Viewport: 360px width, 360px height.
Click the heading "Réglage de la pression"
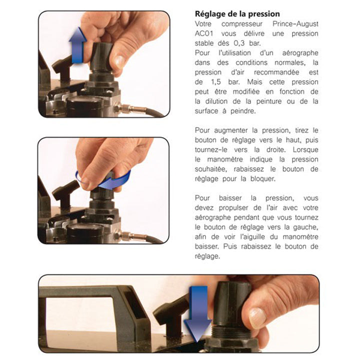click(237, 14)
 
